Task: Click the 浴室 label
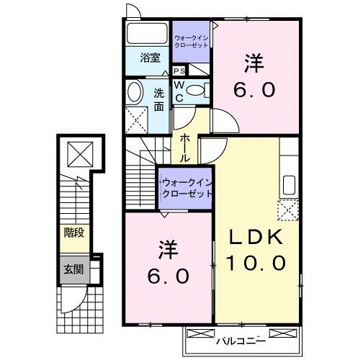[x=150, y=58]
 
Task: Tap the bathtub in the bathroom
[x=148, y=34]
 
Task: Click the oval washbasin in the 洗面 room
[x=135, y=92]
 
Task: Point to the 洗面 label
[x=159, y=99]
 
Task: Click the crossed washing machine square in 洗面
[x=135, y=118]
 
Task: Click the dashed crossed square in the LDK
[x=290, y=210]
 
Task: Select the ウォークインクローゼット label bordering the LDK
[x=187, y=189]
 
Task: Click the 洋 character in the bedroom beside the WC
[x=252, y=64]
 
